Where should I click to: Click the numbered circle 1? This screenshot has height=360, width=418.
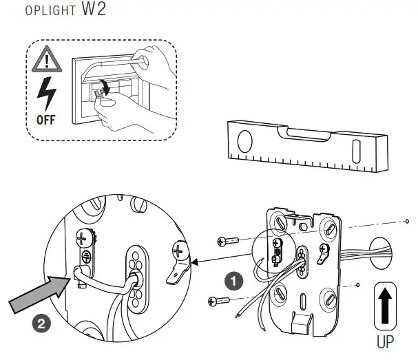(x=235, y=281)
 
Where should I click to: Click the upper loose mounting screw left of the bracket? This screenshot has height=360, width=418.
(x=227, y=240)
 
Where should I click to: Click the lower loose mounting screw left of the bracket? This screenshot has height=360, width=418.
(x=218, y=299)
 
